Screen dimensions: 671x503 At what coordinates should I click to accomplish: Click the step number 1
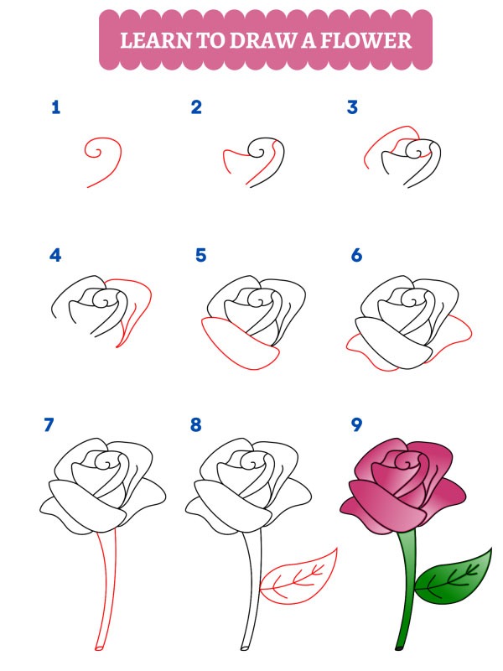[55, 107]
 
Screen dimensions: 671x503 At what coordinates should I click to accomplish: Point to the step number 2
[196, 107]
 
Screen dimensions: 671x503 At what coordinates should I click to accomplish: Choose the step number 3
[352, 107]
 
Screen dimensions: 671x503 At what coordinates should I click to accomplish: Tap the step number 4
[55, 255]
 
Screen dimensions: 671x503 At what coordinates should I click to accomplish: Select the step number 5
[201, 255]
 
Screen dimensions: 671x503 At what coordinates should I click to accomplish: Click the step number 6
[356, 255]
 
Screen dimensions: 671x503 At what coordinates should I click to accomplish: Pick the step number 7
[49, 425]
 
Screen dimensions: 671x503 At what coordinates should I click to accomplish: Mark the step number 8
[196, 425]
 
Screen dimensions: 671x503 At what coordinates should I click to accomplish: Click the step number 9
[356, 425]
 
